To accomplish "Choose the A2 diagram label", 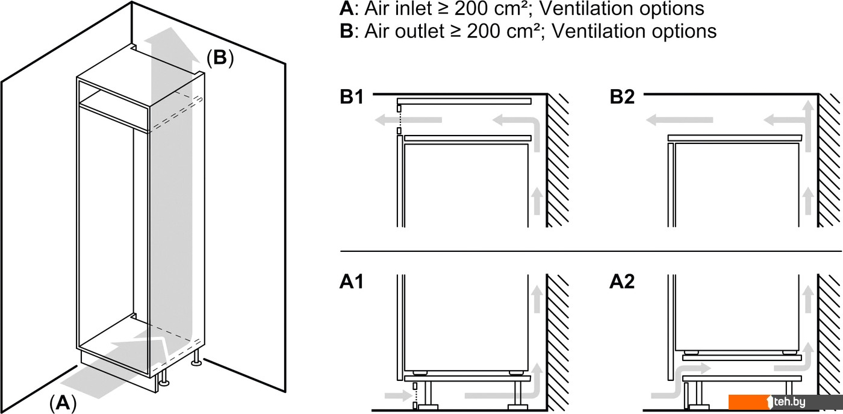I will click(622, 282).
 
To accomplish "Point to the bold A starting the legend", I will click(346, 8).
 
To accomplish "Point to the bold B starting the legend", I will click(346, 31).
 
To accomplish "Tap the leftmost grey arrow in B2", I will click(665, 121).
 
